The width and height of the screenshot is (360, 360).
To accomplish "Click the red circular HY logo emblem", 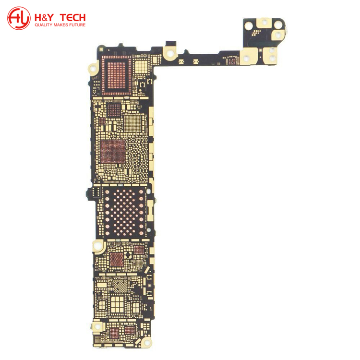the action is click(x=19, y=18).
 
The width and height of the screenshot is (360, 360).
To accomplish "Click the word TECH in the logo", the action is click(x=72, y=18).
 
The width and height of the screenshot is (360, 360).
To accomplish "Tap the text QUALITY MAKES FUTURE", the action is click(x=60, y=25).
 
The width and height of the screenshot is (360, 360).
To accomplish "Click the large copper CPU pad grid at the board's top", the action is click(x=117, y=75).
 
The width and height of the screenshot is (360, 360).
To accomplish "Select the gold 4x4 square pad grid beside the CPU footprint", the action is click(x=141, y=67).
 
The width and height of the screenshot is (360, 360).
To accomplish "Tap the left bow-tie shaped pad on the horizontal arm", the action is click(x=181, y=61).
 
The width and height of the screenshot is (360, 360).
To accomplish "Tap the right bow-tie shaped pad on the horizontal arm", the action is click(x=195, y=61).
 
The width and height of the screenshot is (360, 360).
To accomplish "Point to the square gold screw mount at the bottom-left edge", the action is click(x=97, y=326).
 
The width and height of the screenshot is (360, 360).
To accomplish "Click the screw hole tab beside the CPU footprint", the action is click(x=93, y=69).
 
